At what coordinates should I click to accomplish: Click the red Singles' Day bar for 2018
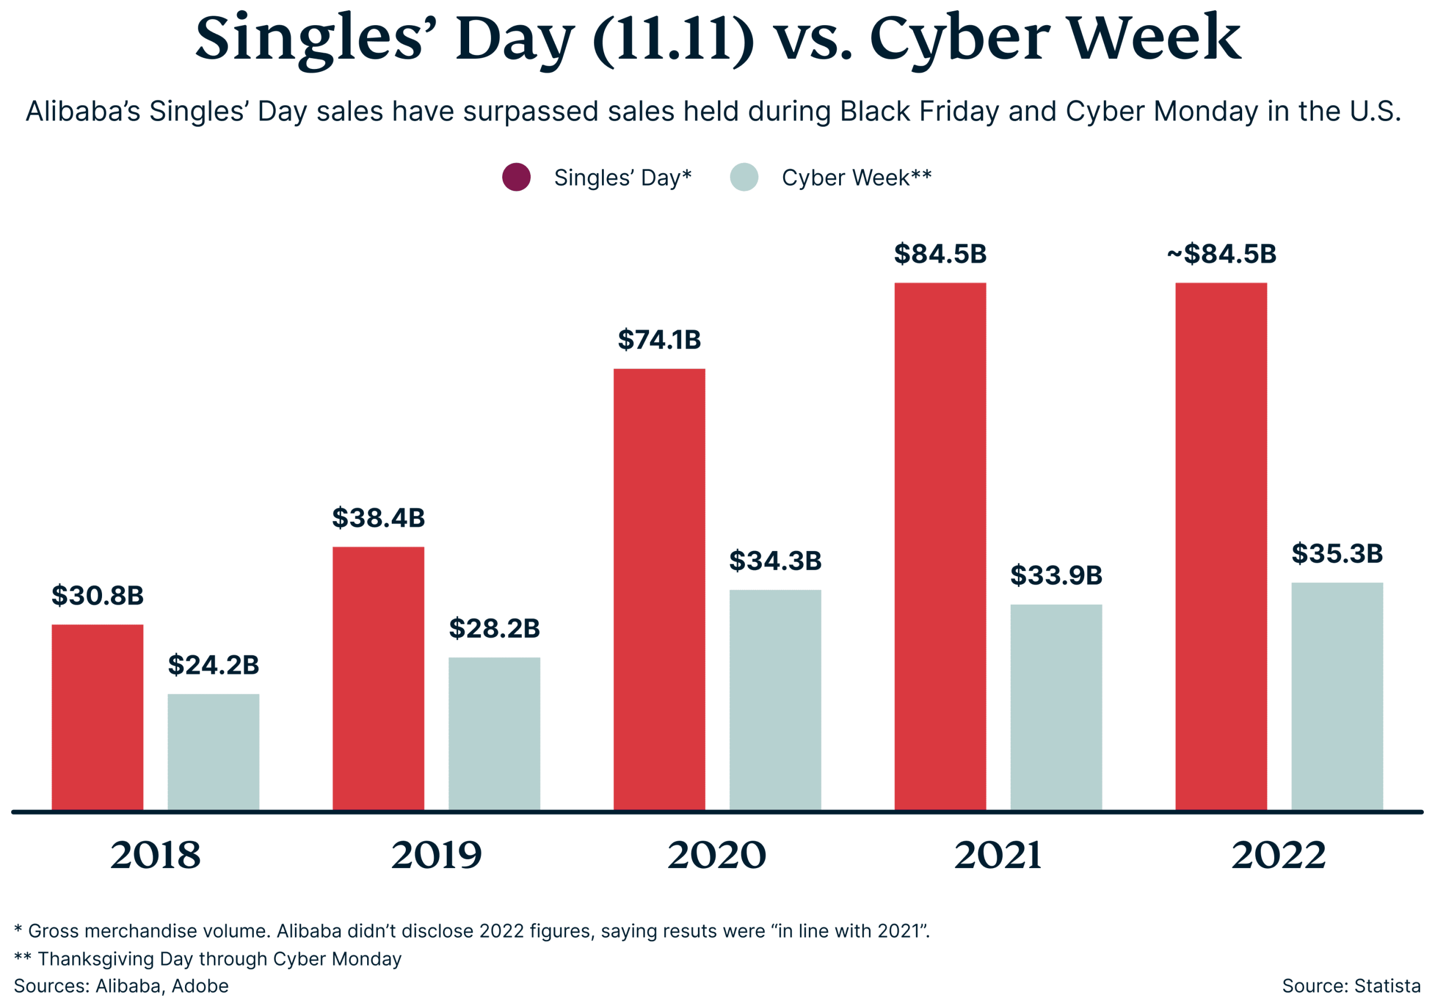click(x=98, y=717)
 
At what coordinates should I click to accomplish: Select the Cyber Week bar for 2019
click(x=494, y=734)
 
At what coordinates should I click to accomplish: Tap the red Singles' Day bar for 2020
click(x=659, y=589)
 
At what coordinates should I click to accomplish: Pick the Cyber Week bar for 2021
click(x=1056, y=707)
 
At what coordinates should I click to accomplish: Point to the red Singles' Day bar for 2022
click(x=1221, y=547)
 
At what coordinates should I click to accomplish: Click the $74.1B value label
click(x=659, y=340)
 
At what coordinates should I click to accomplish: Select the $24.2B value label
click(x=213, y=665)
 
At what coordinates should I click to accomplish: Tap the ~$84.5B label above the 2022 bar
click(x=1221, y=254)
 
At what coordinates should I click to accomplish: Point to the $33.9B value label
click(x=1056, y=576)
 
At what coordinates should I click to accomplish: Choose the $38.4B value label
click(x=378, y=518)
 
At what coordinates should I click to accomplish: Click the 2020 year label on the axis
click(x=716, y=855)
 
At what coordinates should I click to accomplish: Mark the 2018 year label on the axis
click(x=155, y=855)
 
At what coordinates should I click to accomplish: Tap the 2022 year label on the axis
click(x=1278, y=855)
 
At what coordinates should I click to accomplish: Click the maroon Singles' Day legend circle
click(x=516, y=178)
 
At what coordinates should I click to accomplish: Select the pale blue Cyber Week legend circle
click(x=744, y=178)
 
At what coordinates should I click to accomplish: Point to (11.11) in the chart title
click(x=673, y=39)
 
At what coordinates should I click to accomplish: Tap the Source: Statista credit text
click(x=1350, y=986)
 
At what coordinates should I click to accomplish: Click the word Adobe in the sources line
click(x=200, y=986)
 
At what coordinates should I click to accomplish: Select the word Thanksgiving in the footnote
click(x=96, y=958)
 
